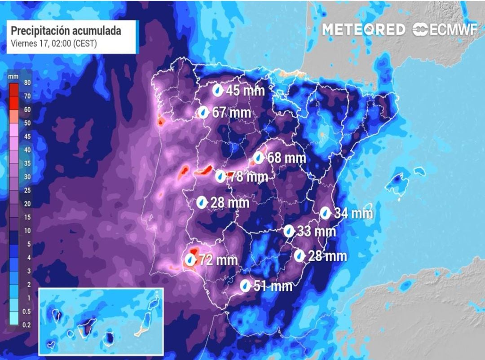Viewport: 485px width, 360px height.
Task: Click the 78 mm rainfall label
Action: tap(248, 177)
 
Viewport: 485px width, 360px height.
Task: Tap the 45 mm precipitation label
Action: tap(245, 90)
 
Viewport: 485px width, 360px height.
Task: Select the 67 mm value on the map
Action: tap(231, 112)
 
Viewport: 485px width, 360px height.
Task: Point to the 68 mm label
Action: tap(287, 158)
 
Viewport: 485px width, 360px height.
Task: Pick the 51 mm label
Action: tap(273, 285)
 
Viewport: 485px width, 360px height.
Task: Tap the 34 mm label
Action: tap(353, 213)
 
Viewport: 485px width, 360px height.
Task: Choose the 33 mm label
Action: tap(317, 232)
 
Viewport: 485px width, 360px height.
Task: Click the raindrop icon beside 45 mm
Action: tap(218, 90)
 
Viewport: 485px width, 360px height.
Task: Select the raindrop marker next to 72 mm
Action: tap(191, 259)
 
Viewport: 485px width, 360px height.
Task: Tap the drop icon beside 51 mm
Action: tap(245, 285)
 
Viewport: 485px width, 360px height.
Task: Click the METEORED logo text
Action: tap(364, 30)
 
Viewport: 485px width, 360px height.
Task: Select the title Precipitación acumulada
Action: tap(66, 31)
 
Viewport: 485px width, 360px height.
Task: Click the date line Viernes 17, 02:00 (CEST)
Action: tap(53, 44)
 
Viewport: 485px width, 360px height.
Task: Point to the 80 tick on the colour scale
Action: tap(26, 83)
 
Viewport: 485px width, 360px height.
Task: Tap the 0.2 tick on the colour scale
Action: tap(26, 325)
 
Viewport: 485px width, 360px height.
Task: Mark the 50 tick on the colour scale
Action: tap(26, 123)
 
